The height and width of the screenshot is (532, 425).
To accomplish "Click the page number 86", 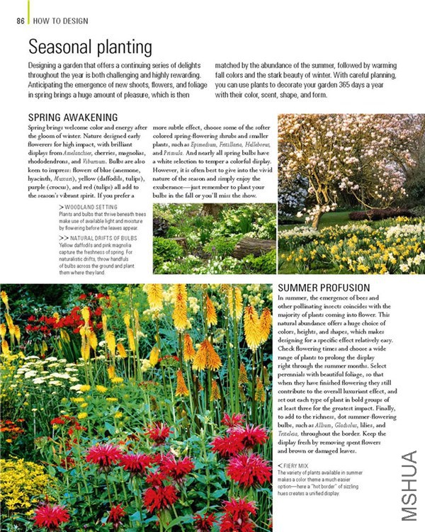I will click(21, 21).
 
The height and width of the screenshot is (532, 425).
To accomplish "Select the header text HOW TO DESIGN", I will click(61, 21).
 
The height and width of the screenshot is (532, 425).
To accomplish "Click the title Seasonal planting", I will click(90, 47).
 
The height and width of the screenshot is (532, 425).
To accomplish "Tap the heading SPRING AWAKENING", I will click(73, 117).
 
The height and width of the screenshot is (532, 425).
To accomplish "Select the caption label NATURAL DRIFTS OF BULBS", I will click(102, 239).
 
